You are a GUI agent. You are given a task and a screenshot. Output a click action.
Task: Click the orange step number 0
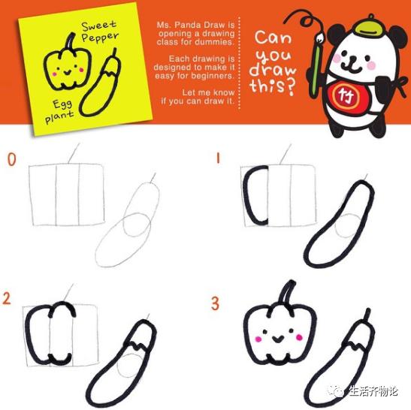[11, 159]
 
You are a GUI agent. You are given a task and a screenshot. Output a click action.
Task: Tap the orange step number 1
[218, 158]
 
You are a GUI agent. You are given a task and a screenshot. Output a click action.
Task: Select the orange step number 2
[7, 298]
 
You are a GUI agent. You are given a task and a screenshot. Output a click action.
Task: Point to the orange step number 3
[215, 303]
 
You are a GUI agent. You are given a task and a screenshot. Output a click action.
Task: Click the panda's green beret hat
[367, 26]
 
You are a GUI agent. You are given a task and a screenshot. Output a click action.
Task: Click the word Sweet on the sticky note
[98, 26]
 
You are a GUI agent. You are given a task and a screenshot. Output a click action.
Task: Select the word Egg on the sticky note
[62, 104]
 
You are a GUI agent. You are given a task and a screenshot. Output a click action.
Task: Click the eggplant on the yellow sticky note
[101, 83]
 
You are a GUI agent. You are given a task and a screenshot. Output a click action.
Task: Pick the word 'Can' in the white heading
[273, 38]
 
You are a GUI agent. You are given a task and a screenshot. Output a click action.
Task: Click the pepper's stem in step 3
[289, 293]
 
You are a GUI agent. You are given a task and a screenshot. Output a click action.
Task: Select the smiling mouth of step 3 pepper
[278, 339]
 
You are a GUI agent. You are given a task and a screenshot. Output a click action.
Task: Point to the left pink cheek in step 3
[258, 339]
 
